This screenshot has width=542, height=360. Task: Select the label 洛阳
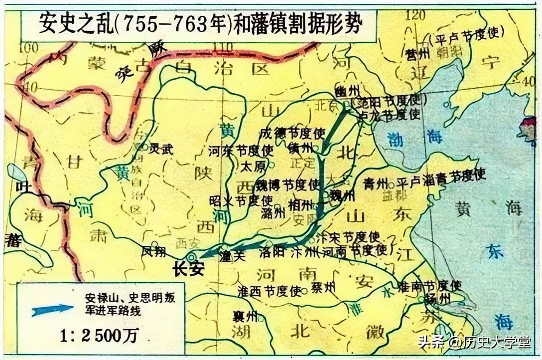point(271,252)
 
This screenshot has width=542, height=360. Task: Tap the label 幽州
point(343,91)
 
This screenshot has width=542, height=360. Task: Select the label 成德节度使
point(292,133)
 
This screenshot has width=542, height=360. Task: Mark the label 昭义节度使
point(241,201)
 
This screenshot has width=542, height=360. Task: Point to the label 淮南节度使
point(429,286)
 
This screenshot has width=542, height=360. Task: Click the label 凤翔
point(153,251)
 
